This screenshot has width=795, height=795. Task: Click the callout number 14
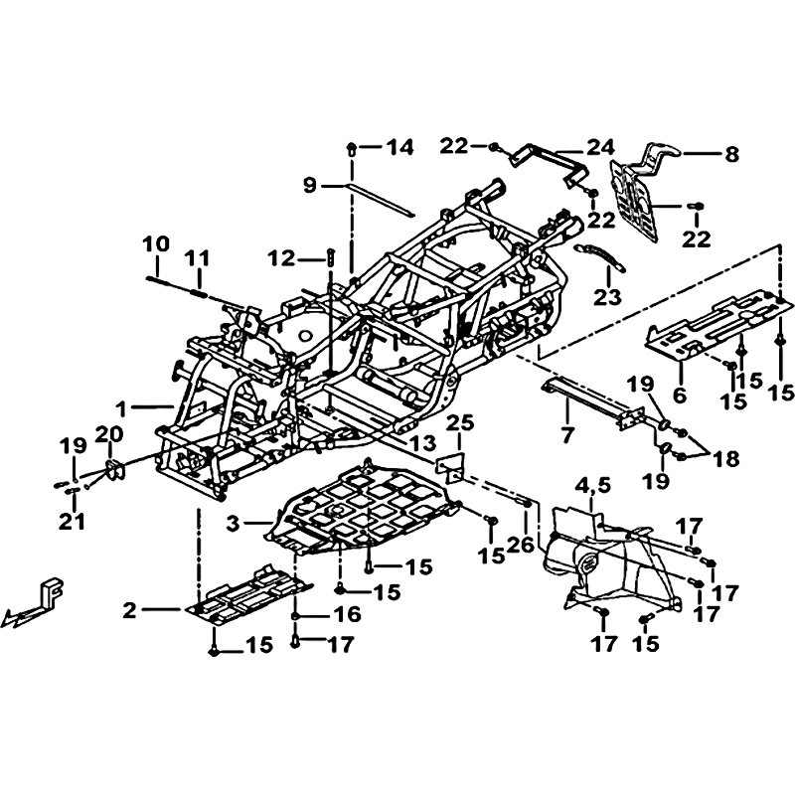point(400,147)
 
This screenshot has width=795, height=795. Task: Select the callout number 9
point(310,185)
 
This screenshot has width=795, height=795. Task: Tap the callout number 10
point(156,244)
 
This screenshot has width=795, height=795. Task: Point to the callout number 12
point(282,259)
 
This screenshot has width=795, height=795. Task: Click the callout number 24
point(601,147)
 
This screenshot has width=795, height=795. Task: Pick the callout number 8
point(731,154)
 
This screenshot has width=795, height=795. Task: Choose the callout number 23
point(607,297)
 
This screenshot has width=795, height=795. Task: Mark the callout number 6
point(680,395)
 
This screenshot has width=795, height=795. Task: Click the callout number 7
point(566,435)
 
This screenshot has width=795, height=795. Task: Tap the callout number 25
point(460,423)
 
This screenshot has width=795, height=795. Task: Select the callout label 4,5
point(592,486)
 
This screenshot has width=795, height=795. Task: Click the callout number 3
point(233,524)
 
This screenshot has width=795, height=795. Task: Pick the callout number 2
point(130,610)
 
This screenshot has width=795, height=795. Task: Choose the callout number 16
point(347,615)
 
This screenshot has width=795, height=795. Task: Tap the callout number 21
point(72,522)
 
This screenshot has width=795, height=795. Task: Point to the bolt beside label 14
point(351,148)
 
